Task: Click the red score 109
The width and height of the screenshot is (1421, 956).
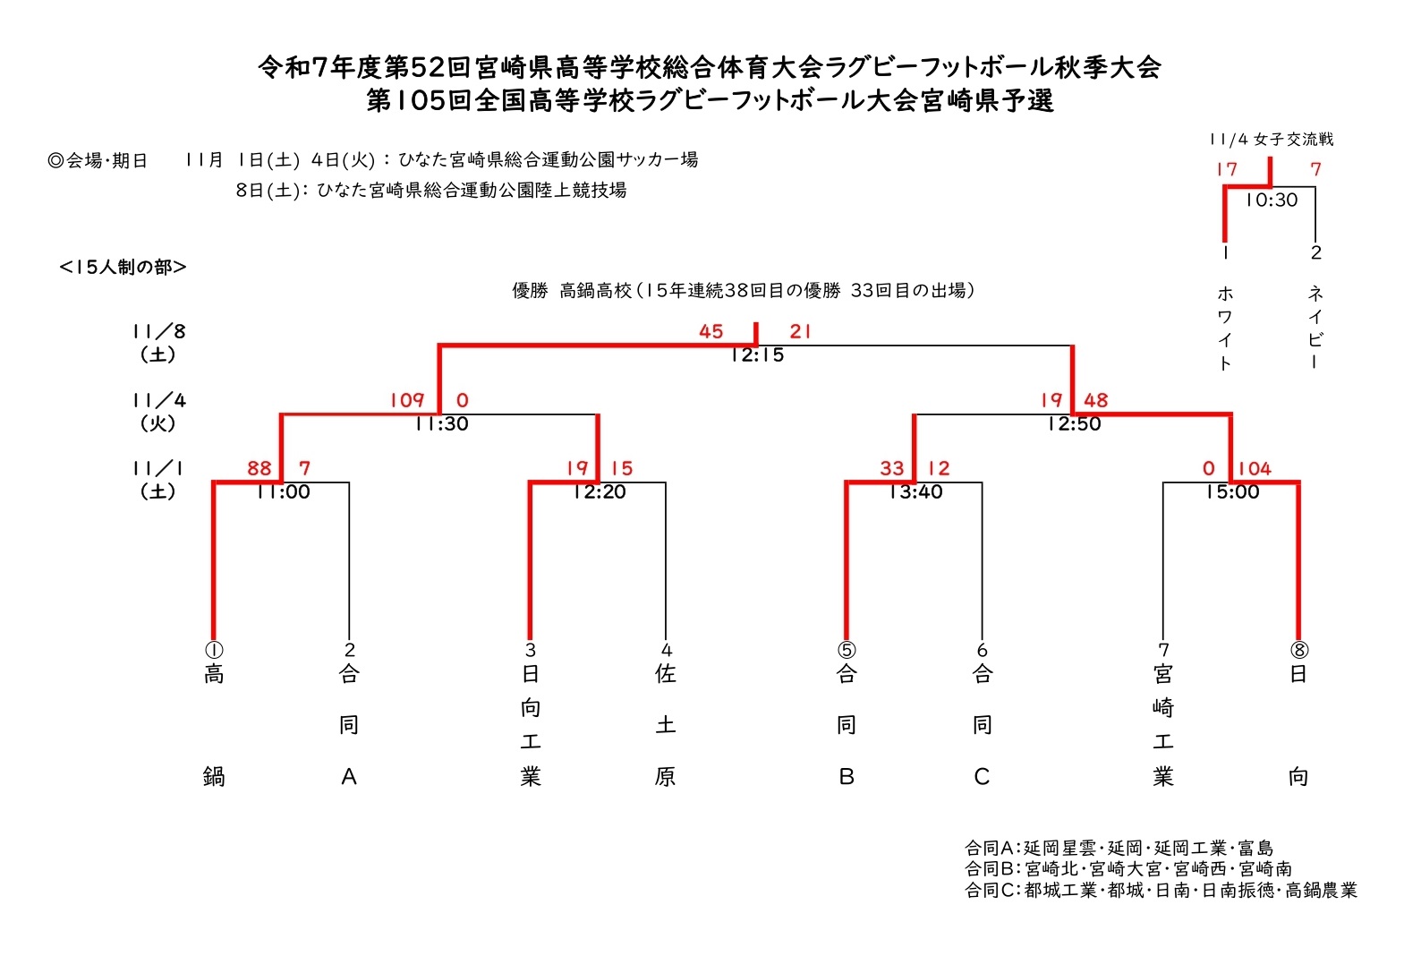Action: click(x=406, y=400)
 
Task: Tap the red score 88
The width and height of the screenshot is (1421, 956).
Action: click(x=259, y=468)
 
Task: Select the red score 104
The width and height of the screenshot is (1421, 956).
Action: click(x=1254, y=468)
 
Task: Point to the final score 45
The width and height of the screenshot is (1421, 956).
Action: click(x=710, y=331)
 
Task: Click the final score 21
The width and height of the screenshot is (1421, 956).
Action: click(x=800, y=331)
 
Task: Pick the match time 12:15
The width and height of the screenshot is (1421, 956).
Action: click(x=757, y=355)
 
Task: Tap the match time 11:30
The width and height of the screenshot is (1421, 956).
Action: click(x=441, y=424)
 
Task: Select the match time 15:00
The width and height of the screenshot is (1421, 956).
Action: click(x=1232, y=492)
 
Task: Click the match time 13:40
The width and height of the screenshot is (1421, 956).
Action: click(x=915, y=492)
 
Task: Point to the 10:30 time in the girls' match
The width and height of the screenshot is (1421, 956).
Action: click(x=1271, y=201)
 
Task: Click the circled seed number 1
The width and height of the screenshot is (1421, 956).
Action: click(x=214, y=650)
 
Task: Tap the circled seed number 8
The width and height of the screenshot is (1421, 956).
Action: click(x=1298, y=650)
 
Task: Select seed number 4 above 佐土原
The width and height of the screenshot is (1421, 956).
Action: click(x=666, y=650)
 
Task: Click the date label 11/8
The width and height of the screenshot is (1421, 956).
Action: click(x=158, y=332)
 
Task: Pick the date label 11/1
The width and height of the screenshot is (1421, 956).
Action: click(x=158, y=468)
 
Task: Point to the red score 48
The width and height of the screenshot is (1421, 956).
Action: click(x=1095, y=400)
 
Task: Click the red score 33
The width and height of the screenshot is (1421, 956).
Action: click(x=891, y=468)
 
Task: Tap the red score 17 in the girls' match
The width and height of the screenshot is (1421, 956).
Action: click(x=1226, y=169)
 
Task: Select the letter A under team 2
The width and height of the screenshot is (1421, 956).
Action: click(x=349, y=777)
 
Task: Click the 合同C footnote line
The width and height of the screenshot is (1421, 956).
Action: click(x=1161, y=891)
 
